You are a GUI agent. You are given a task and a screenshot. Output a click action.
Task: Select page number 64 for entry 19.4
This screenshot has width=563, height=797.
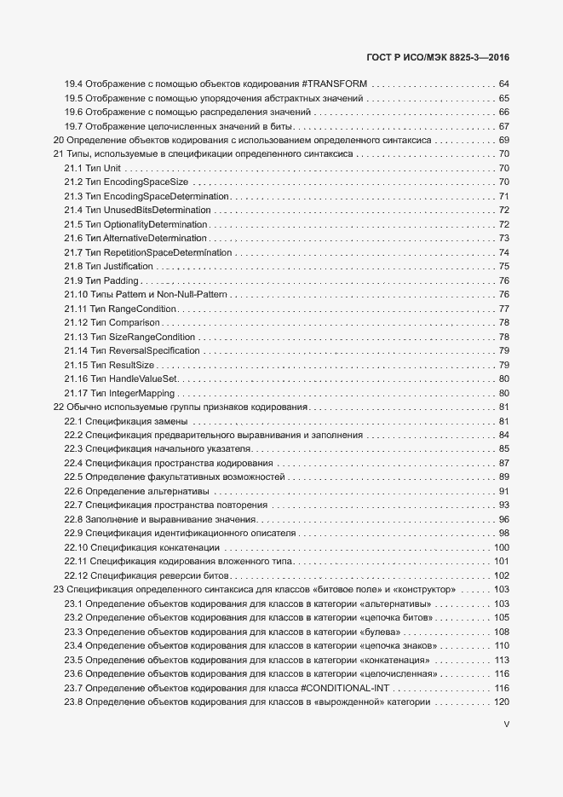(x=503, y=84)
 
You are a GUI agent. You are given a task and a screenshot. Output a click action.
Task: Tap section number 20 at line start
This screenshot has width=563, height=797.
(x=58, y=140)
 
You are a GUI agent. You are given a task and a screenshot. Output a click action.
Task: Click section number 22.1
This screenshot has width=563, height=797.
(x=72, y=421)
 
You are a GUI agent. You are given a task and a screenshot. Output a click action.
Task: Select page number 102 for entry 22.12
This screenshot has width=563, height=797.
(x=501, y=575)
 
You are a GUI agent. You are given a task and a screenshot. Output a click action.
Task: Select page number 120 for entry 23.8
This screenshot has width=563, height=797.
(x=501, y=702)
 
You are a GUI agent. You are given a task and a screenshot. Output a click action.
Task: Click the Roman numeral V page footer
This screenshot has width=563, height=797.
(x=506, y=725)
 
